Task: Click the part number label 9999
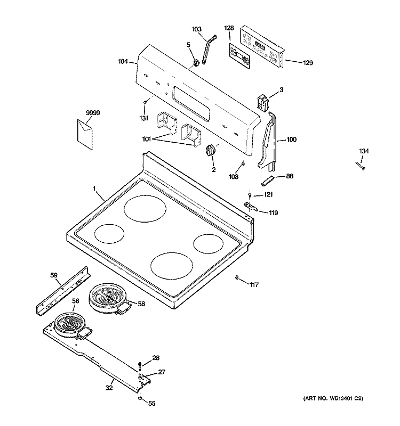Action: [93, 112]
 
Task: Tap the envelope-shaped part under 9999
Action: [85, 134]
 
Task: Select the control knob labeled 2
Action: [211, 150]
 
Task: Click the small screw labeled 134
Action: [360, 166]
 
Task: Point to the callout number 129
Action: [308, 63]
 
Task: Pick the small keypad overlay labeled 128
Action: [239, 56]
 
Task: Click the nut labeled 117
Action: [237, 277]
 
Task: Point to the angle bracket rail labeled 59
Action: [63, 291]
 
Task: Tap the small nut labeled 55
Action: [139, 398]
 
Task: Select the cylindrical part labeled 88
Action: [267, 181]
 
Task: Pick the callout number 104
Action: [123, 62]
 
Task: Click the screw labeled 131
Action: [145, 102]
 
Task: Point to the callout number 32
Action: [109, 388]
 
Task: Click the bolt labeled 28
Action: [140, 365]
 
